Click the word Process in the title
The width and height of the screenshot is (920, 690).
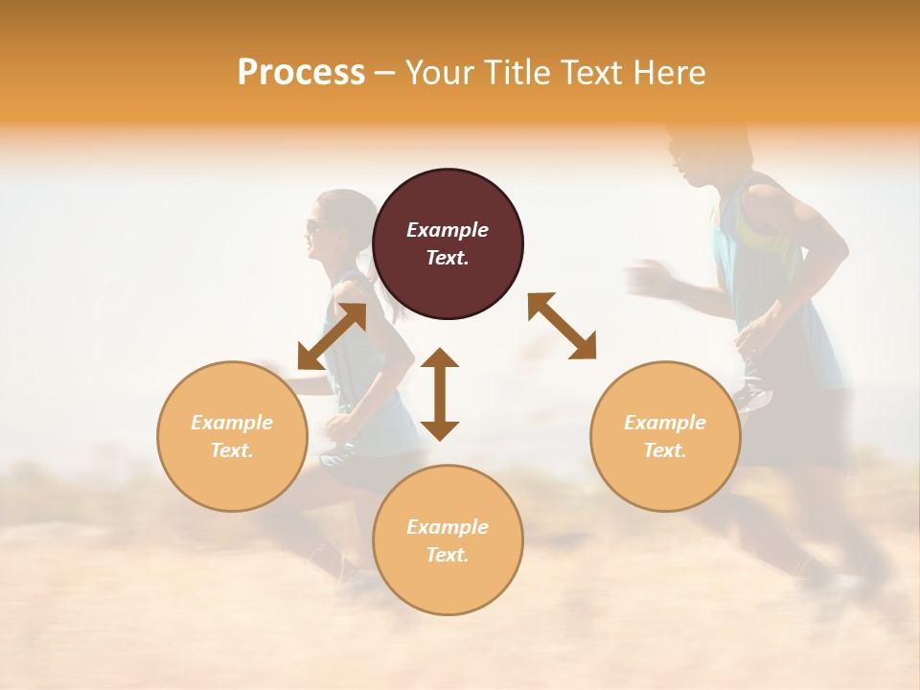click(x=301, y=73)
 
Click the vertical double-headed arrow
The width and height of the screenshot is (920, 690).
click(x=440, y=394)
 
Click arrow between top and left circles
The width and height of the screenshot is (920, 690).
click(x=332, y=336)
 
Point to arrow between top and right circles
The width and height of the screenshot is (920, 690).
click(x=562, y=327)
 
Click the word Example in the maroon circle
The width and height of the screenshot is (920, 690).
click(x=448, y=230)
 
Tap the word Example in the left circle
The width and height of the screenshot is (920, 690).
click(x=232, y=423)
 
